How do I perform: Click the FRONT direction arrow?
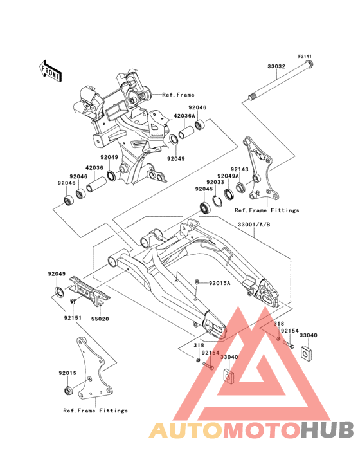[x=50, y=71]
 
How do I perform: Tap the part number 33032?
[x=276, y=66]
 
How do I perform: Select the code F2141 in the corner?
[x=305, y=57]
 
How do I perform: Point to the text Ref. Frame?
[x=178, y=95]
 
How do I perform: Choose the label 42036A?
[x=184, y=116]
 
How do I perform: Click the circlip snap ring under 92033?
[x=218, y=199]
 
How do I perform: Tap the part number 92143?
[x=239, y=169]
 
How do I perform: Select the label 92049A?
[x=228, y=176]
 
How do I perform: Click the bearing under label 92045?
[x=205, y=208]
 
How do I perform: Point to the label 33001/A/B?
[x=254, y=225]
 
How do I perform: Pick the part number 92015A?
[x=220, y=283]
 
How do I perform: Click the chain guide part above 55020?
[x=90, y=292]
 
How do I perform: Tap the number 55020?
[x=100, y=319]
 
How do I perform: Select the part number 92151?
[x=72, y=317]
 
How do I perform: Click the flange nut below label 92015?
[x=68, y=390]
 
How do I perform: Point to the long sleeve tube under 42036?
[x=96, y=184]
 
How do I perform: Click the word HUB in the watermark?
[x=328, y=430]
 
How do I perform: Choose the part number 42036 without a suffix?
[x=94, y=168]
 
